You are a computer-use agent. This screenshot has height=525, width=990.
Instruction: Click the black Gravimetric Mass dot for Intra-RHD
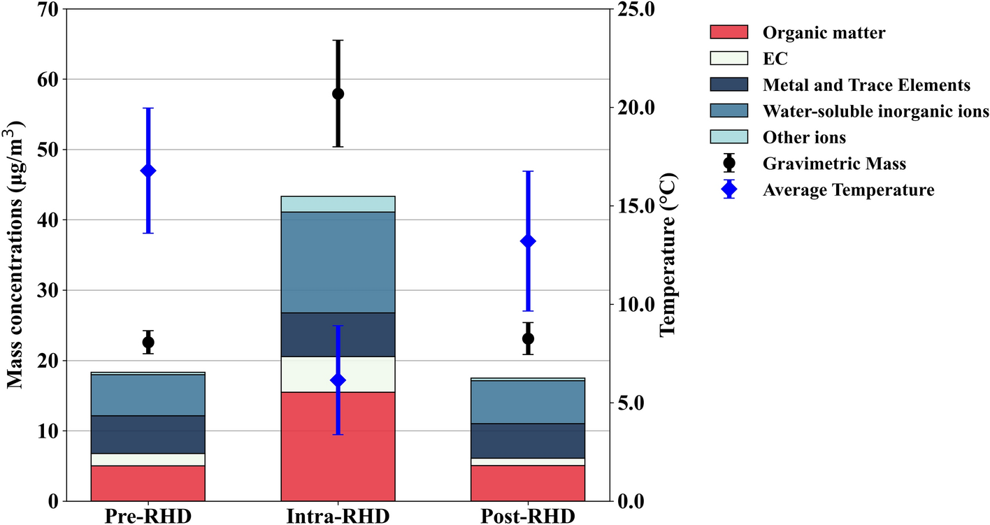(x=338, y=94)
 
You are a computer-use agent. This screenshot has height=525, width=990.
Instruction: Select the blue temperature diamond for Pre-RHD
(x=148, y=171)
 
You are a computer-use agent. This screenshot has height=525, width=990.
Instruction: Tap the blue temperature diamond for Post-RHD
(x=528, y=241)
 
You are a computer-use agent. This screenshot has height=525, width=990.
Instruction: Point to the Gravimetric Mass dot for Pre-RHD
(x=148, y=343)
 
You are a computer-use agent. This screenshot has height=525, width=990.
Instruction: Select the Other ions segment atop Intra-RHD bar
(x=338, y=204)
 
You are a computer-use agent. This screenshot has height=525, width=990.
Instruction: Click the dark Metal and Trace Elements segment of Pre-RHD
(x=148, y=434)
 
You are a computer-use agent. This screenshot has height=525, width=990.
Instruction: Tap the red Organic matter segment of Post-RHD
(x=528, y=483)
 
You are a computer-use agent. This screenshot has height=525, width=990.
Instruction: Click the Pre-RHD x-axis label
(x=148, y=517)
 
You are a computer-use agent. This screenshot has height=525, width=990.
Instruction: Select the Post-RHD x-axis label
(x=528, y=517)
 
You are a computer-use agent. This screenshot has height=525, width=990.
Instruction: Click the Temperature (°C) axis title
(x=669, y=255)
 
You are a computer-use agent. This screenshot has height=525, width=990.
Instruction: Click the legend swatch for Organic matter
(x=729, y=32)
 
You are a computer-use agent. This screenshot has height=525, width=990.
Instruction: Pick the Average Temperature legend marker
(x=729, y=189)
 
